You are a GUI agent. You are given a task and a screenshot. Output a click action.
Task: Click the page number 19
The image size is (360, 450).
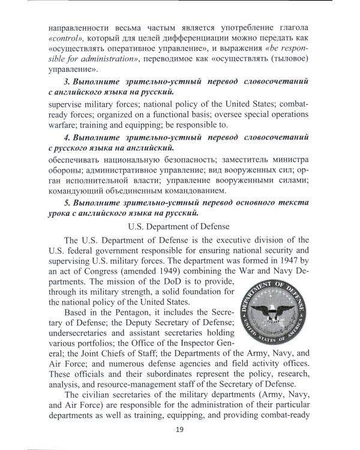(179, 428)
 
